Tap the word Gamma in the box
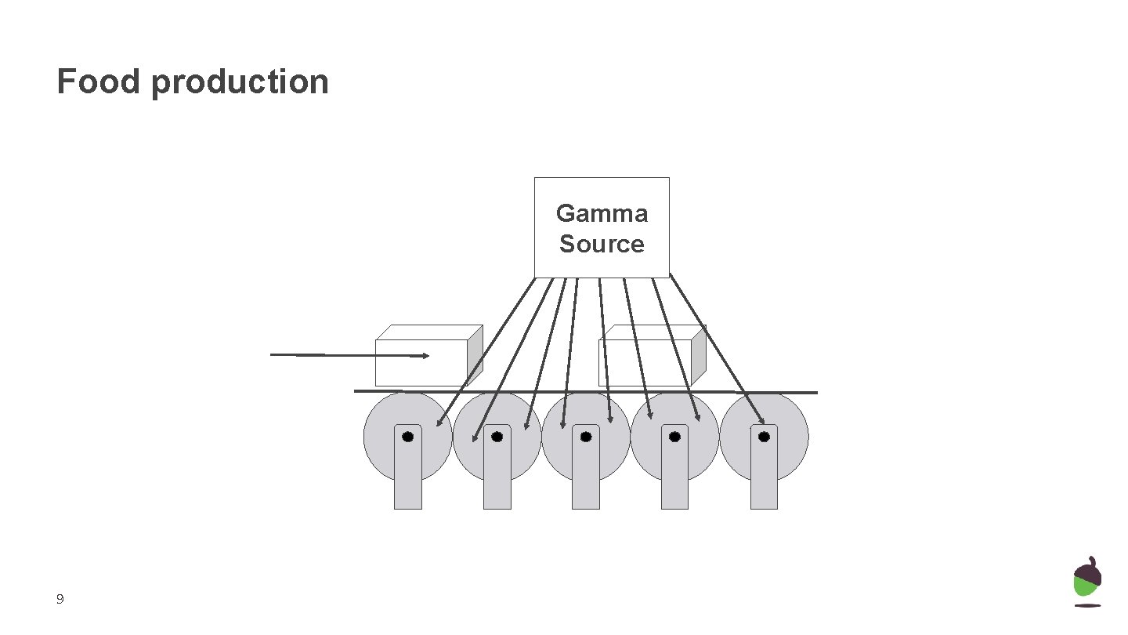click(602, 213)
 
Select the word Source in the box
click(602, 244)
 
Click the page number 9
click(60, 600)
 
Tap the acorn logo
click(1087, 582)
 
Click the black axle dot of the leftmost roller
click(408, 437)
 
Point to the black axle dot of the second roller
click(497, 437)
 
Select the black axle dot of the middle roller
click(586, 437)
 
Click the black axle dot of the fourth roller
click(674, 437)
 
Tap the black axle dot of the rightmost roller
click(764, 437)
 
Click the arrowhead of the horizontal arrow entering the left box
click(425, 356)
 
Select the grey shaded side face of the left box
click(475, 354)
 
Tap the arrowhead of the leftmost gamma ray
click(439, 423)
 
